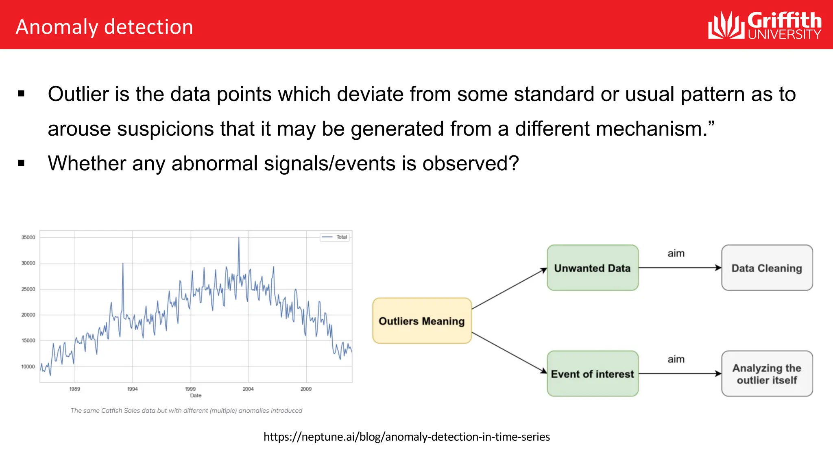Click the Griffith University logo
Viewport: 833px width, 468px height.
[764, 25]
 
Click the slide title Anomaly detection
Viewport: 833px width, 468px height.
[104, 27]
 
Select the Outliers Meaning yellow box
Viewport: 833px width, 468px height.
[422, 321]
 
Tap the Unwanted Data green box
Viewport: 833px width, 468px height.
[592, 268]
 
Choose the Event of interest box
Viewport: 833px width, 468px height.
[592, 374]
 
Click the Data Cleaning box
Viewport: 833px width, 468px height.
[767, 268]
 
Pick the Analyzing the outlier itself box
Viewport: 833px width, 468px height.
[767, 374]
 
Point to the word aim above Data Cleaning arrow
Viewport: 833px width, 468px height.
[676, 253]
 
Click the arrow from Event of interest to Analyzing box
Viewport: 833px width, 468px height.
[679, 374]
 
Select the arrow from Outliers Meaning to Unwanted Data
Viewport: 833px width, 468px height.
[509, 288]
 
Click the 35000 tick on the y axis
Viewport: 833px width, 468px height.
[28, 237]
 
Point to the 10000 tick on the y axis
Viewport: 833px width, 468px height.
[28, 366]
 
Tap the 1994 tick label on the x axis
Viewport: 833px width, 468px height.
[132, 389]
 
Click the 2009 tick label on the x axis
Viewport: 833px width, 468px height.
[306, 389]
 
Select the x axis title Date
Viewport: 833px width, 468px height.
[196, 396]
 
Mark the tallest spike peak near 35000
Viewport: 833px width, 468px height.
[239, 238]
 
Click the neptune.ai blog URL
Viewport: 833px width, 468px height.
[406, 437]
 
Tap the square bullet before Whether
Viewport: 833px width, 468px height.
[21, 163]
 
